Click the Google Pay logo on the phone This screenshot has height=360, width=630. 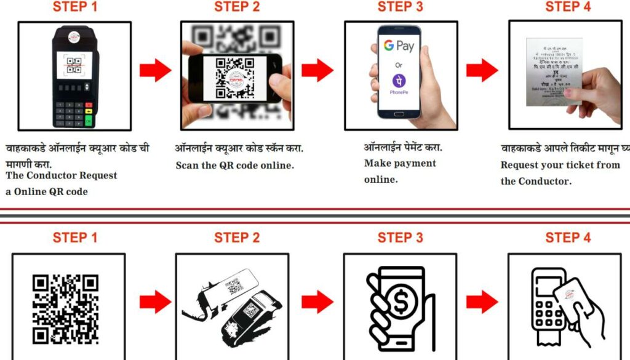399,46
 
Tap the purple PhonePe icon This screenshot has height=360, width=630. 399,81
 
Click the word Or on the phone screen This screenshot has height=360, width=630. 399,64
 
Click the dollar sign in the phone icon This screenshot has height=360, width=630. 403,302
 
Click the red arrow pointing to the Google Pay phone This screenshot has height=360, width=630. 317,71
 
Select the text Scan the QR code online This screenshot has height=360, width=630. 234,165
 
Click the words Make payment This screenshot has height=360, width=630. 400,163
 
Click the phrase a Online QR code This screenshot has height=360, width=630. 47,191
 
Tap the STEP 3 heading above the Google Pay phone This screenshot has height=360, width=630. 400,7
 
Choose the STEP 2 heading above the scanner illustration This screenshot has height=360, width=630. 237,238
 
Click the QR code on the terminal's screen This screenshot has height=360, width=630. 74,65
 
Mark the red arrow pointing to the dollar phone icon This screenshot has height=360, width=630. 317,302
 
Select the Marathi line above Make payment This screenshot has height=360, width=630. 403,148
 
